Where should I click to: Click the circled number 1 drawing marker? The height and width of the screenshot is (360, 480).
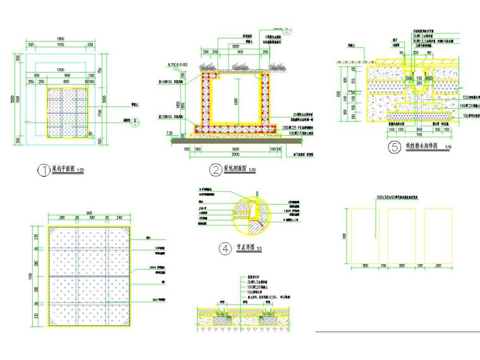point(44,170)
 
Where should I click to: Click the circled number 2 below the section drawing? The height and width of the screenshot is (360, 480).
point(215,169)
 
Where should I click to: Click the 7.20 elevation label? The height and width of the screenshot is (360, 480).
point(170,133)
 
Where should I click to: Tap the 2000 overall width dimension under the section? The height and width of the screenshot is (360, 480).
point(234,153)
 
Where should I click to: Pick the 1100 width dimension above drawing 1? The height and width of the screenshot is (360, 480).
point(60,45)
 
